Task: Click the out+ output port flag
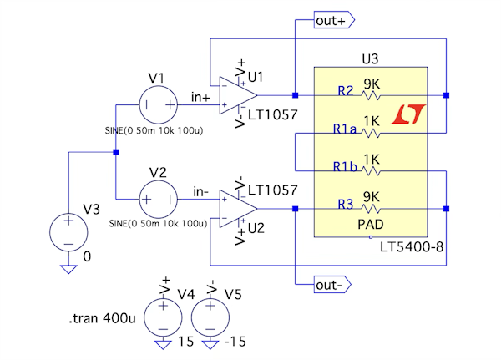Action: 334,19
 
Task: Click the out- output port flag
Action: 331,285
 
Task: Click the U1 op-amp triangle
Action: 233,94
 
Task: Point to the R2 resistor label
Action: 346,89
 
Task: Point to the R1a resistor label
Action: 345,129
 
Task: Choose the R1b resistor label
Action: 345,167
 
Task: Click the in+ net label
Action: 200,98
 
